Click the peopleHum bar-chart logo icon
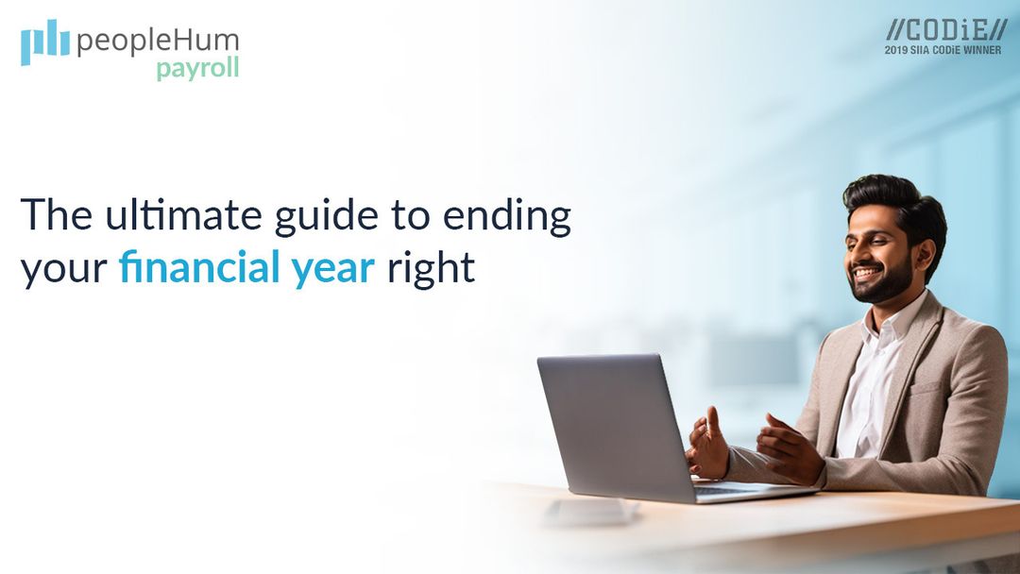coord(45,42)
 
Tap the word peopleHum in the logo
coord(157,42)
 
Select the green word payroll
coord(197,69)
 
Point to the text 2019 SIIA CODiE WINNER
coord(943,50)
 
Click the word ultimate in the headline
coord(153,215)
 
